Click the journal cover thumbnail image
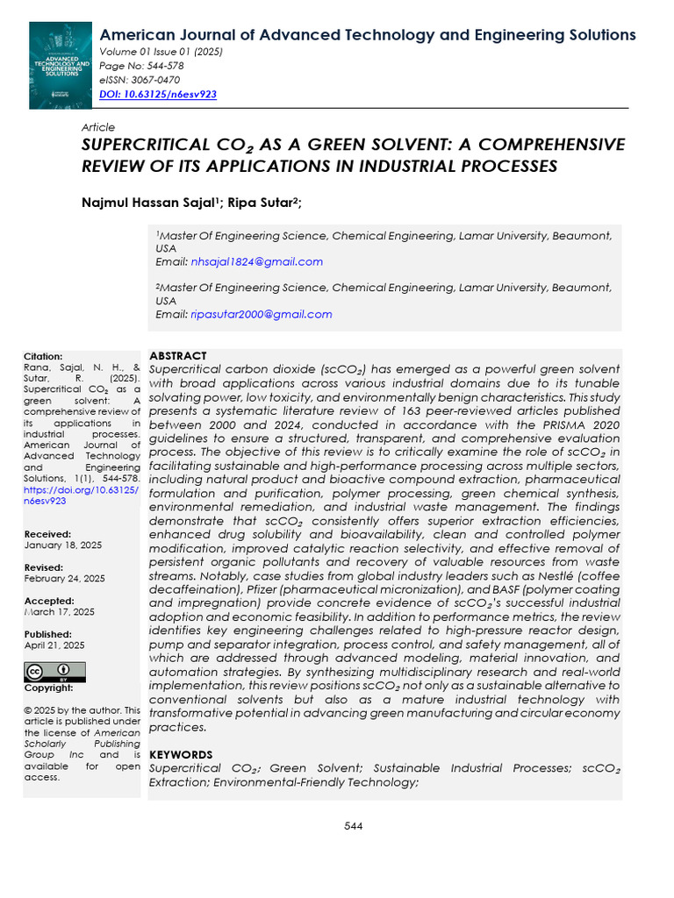[x=60, y=66]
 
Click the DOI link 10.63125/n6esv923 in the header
[x=158, y=94]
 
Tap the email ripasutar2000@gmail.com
[x=261, y=314]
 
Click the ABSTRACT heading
[x=178, y=356]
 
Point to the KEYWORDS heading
[x=181, y=754]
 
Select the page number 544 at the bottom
[x=354, y=826]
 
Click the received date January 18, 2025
[x=62, y=545]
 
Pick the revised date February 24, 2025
[x=64, y=579]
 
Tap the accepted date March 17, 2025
[x=59, y=612]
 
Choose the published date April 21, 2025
[x=54, y=645]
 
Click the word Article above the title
[x=97, y=127]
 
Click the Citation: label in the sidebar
[x=43, y=357]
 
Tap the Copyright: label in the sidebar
[x=48, y=688]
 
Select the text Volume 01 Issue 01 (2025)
[x=161, y=52]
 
